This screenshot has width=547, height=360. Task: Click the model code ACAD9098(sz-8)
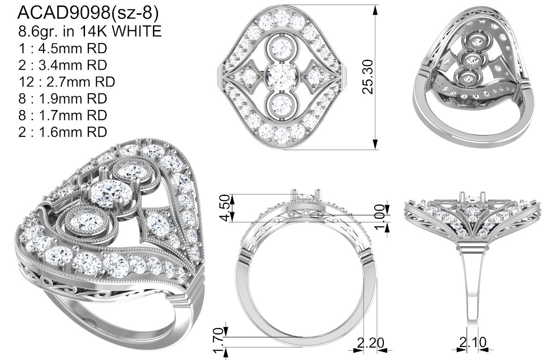[x=88, y=13]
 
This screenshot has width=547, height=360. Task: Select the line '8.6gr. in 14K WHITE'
[x=90, y=31]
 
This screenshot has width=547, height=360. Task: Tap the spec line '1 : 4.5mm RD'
[x=63, y=48]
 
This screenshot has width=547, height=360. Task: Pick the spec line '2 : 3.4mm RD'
[x=63, y=65]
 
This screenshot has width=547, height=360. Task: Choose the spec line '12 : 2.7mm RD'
[x=67, y=82]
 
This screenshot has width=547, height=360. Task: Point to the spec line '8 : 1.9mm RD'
[x=63, y=98]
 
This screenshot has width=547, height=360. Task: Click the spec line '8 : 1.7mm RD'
[x=63, y=115]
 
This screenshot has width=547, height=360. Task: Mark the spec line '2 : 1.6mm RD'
[x=63, y=132]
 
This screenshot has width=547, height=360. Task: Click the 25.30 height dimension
[x=368, y=77]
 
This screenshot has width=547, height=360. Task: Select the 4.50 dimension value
[x=226, y=208]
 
